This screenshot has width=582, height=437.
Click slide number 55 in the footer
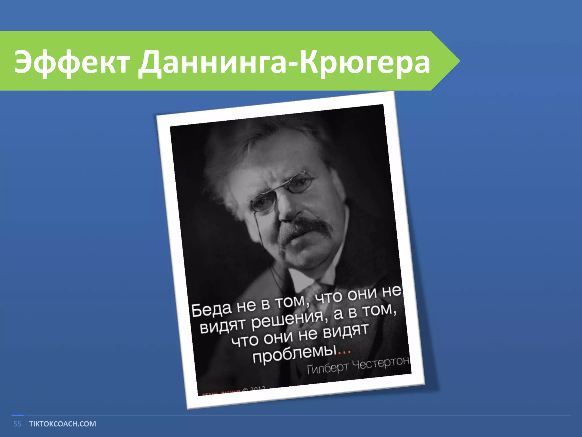(x=17, y=424)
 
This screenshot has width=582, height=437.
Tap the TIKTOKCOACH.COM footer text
(x=63, y=424)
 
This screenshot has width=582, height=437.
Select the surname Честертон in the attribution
(x=381, y=362)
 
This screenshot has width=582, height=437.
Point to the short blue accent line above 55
(x=17, y=415)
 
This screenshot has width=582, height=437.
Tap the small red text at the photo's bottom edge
(x=219, y=392)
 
